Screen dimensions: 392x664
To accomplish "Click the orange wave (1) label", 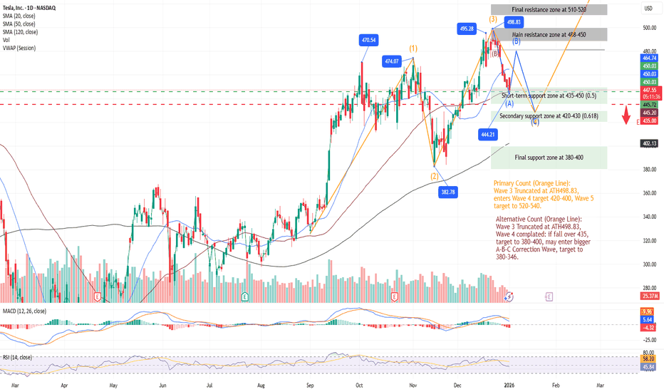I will pyautogui.click(x=413, y=48).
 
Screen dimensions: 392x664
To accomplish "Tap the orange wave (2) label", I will pyautogui.click(x=434, y=175).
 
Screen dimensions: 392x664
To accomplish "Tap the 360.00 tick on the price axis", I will pyautogui.click(x=648, y=193).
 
